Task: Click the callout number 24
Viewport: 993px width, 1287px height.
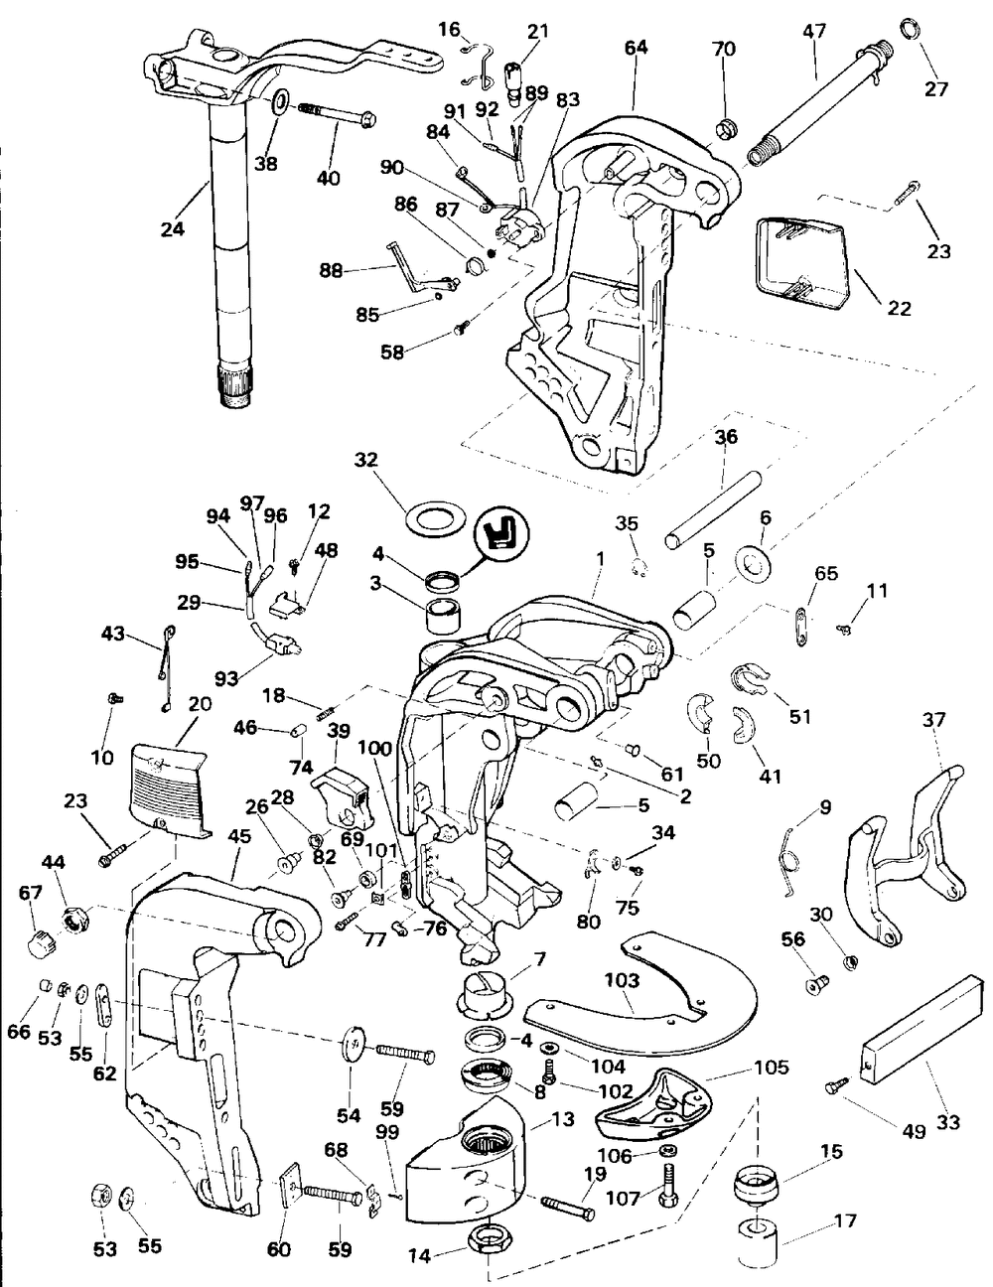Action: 173,228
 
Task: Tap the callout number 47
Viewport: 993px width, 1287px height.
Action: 814,30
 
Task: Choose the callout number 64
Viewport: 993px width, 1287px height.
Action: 636,48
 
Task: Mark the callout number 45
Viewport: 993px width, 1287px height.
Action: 238,836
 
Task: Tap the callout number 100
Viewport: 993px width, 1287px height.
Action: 375,748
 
